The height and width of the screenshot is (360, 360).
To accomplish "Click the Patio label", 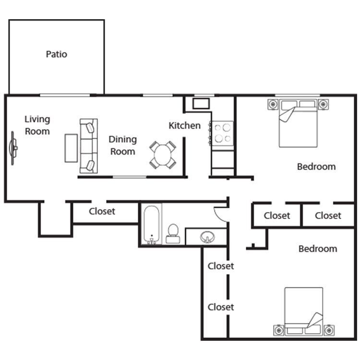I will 56,54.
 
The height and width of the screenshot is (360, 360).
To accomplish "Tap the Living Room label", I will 37,125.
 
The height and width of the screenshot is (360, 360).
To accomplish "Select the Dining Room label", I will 122,145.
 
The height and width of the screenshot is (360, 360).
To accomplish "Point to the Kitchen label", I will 184,126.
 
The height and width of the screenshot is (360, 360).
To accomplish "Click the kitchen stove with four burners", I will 222,133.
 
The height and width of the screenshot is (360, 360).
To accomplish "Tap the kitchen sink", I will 200,103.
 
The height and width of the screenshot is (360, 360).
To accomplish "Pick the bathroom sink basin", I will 208,237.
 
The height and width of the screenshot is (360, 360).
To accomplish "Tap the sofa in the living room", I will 88,146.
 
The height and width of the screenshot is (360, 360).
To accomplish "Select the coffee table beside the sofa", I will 71,148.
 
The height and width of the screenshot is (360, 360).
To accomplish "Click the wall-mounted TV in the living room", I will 13,148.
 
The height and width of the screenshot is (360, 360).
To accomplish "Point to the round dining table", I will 162,155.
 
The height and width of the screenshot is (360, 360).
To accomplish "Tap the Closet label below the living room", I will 102,211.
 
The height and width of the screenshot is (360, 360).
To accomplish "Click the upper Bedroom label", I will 316,167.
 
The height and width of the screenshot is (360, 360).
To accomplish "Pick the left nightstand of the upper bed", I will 273,103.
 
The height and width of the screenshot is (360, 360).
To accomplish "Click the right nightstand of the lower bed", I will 328,330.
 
